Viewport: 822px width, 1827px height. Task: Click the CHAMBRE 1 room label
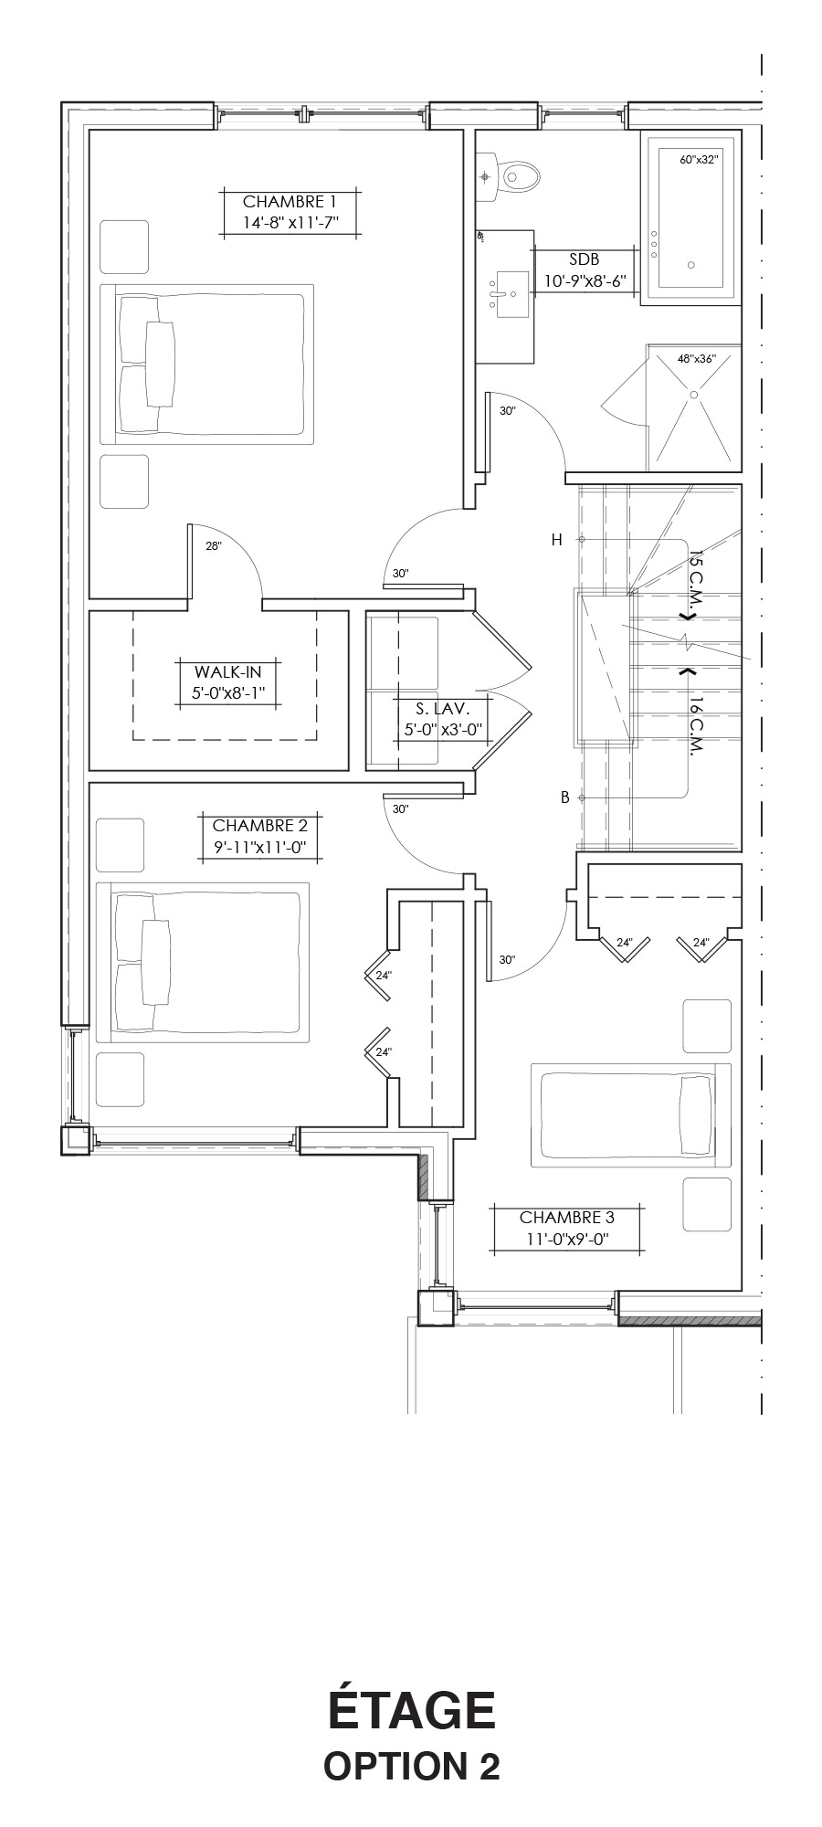290,202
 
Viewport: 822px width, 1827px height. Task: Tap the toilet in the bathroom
511,174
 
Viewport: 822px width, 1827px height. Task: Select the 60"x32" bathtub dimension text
700,159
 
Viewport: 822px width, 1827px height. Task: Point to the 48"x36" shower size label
697,359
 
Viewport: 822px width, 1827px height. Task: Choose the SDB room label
584,260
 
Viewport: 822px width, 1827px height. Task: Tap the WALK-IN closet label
227,672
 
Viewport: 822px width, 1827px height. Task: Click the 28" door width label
214,546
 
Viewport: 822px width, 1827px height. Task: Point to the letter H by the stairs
556,540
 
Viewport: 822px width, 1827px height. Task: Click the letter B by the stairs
565,797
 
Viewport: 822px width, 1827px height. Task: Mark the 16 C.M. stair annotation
695,727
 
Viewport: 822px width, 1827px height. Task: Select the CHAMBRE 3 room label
567,1217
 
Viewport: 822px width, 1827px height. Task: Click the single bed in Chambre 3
631,1114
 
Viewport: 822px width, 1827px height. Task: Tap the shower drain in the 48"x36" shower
694,394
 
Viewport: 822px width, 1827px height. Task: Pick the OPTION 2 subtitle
412,1766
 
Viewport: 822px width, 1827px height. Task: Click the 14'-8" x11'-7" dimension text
290,223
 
